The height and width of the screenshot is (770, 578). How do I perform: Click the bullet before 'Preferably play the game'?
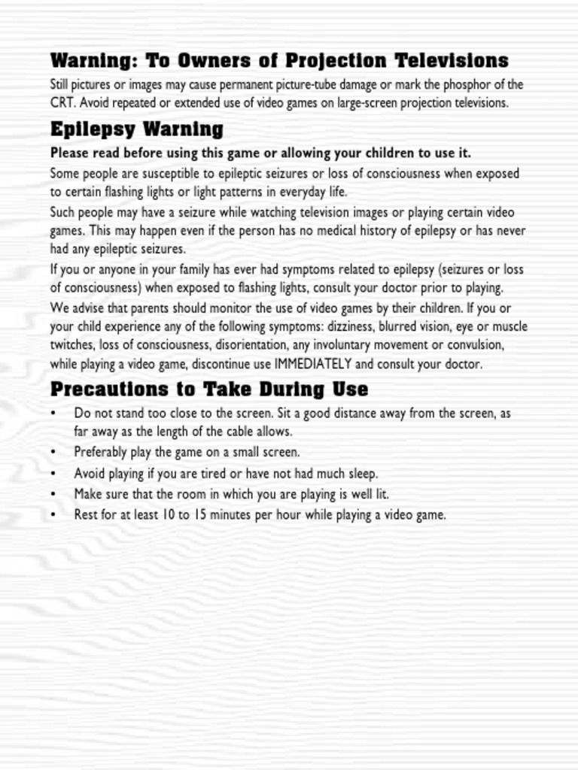53,453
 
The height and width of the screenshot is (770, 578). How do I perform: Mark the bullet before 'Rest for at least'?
53,516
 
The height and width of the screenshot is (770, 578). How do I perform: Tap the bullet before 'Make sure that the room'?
53,495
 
